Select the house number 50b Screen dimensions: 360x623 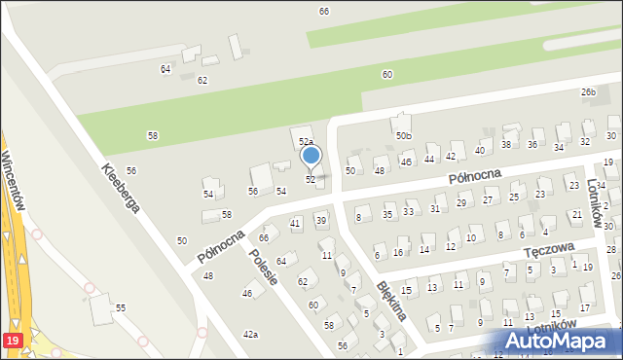[x=404, y=135]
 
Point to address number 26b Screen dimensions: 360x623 [x=588, y=92]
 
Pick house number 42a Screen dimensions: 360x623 [x=251, y=335]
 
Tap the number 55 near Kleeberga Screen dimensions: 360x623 [x=121, y=307]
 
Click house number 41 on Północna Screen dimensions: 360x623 [x=296, y=224]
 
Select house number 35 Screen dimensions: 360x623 [x=387, y=214]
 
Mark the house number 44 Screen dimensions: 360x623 [x=429, y=159]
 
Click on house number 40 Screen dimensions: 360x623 [x=480, y=151]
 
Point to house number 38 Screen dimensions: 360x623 [x=506, y=145]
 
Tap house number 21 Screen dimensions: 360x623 [x=577, y=214]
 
